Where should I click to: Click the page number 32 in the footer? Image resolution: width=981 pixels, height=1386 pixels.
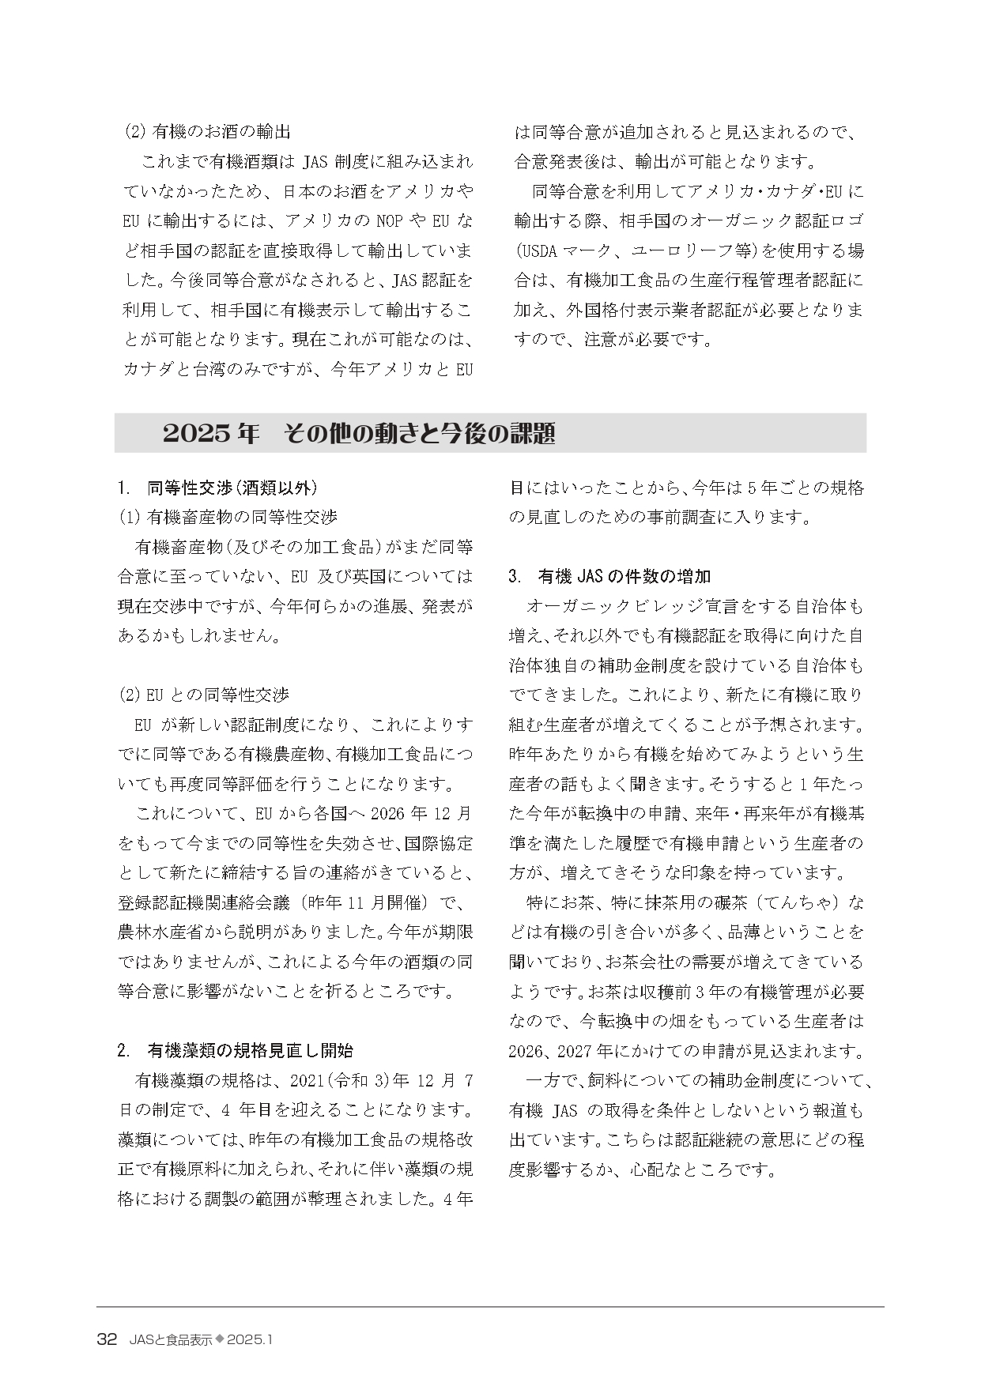pos(107,1339)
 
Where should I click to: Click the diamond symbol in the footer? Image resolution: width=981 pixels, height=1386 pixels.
pos(221,1339)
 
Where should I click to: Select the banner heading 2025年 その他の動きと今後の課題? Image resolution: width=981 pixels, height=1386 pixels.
pos(358,434)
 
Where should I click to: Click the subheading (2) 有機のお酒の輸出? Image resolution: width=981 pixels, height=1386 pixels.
pos(212,132)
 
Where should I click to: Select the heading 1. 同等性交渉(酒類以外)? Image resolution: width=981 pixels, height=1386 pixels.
pos(217,488)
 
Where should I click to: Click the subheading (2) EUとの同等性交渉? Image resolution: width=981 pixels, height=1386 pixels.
pos(204,695)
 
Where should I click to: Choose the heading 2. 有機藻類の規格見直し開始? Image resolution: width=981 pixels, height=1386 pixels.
pos(235,1051)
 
